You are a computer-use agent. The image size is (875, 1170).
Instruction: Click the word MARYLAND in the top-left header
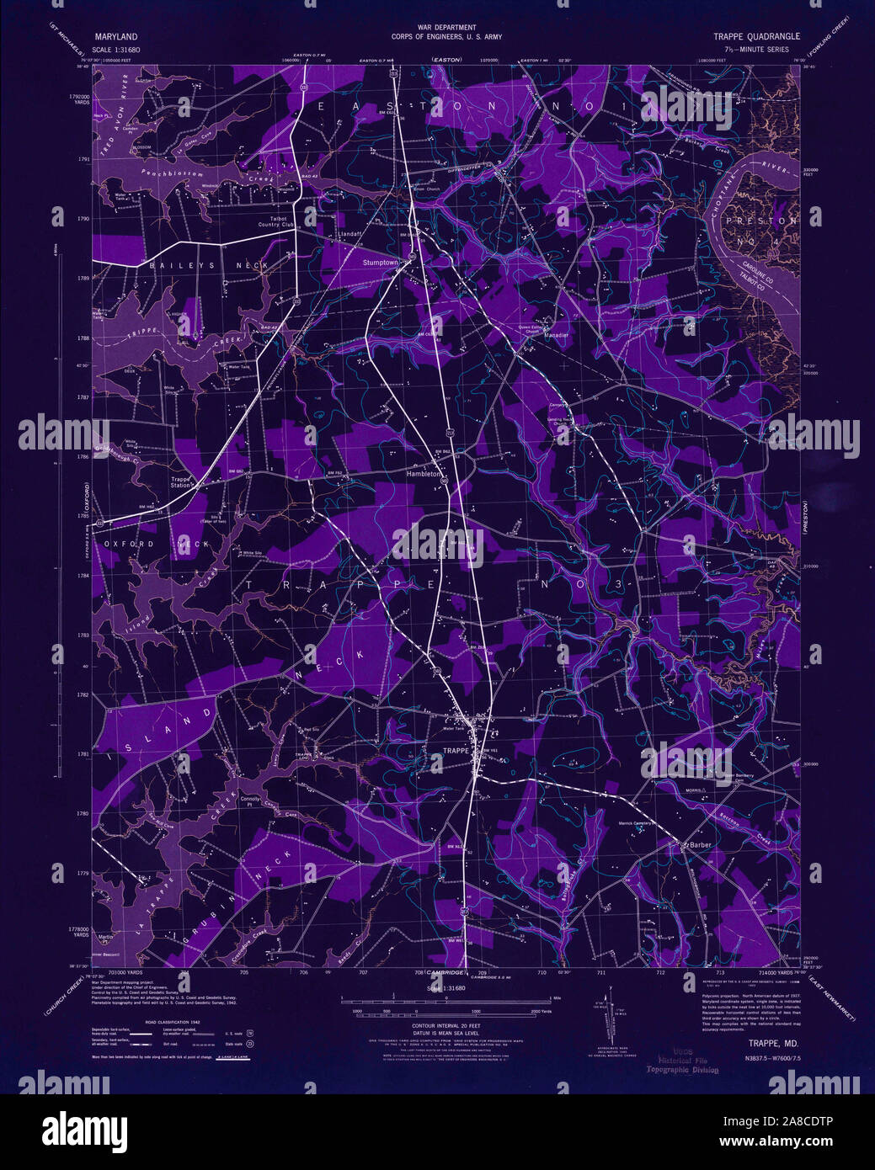click(116, 37)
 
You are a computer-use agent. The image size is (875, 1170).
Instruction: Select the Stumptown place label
click(380, 263)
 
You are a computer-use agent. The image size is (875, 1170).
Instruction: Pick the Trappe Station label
click(181, 482)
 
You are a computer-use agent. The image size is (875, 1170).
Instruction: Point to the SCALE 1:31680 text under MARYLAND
click(116, 51)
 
